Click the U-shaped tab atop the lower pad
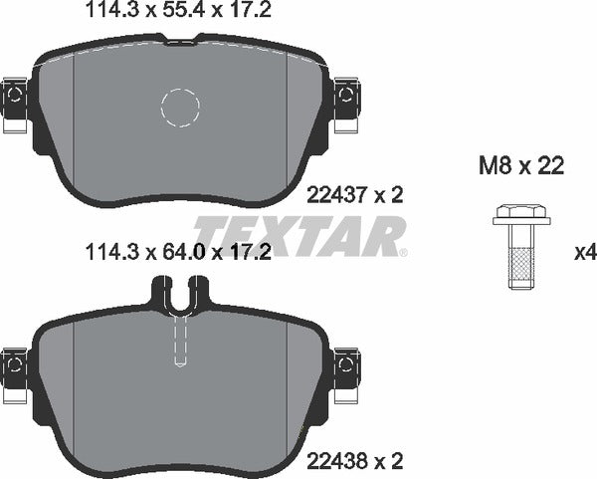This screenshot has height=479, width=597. pos(180,293)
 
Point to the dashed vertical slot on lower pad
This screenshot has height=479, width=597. pos(180,339)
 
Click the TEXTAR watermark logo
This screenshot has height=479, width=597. pos(298,236)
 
